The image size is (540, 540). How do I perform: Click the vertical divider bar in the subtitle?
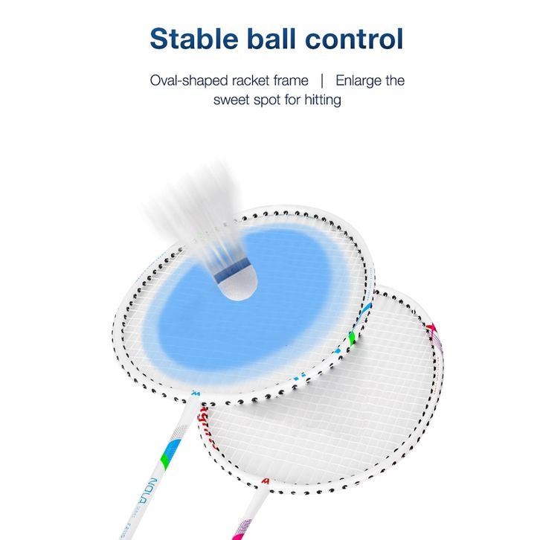[322, 80]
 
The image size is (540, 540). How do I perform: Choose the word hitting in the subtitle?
[324, 99]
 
